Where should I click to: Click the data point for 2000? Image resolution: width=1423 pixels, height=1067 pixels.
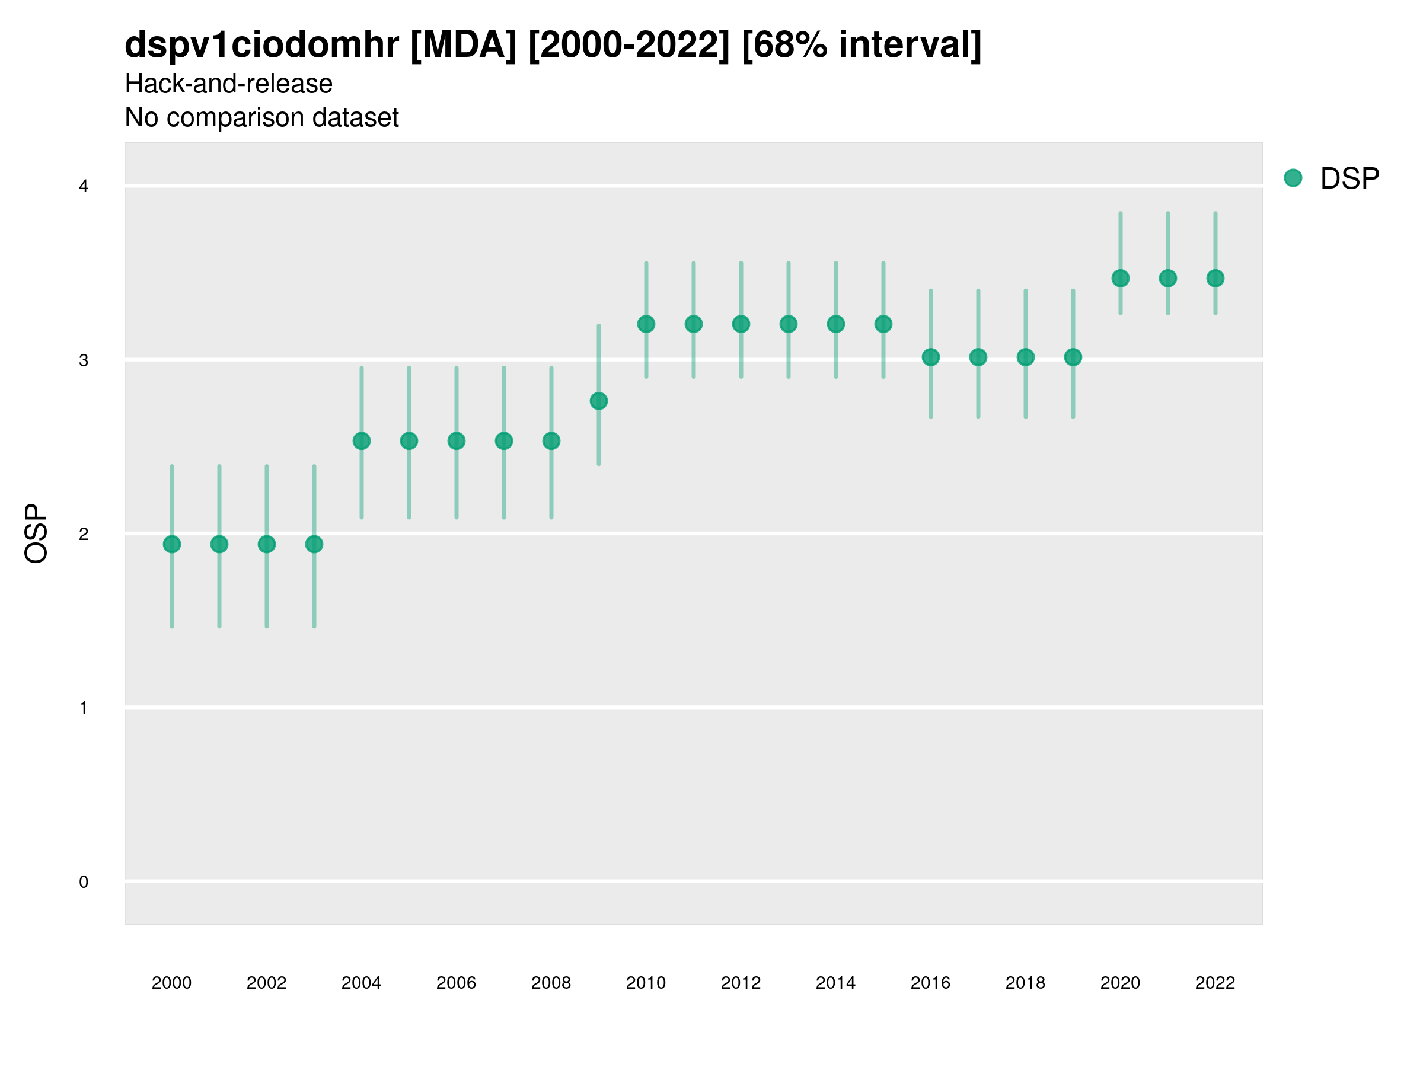pyautogui.click(x=172, y=544)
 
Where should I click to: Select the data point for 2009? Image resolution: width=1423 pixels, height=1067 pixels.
pyautogui.click(x=598, y=401)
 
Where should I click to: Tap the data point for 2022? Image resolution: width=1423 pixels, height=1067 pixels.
pyautogui.click(x=1214, y=279)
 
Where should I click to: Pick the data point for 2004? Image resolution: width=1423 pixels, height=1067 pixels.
pyautogui.click(x=362, y=441)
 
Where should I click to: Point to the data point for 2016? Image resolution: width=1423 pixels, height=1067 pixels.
pyautogui.click(x=930, y=357)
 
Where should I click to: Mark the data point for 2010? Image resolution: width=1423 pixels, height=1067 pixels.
pyautogui.click(x=646, y=324)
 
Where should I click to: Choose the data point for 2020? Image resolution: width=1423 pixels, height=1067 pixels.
pyautogui.click(x=1120, y=279)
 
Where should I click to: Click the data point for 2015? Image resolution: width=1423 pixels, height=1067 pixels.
pyautogui.click(x=883, y=324)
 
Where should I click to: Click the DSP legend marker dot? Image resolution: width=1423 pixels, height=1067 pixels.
pyautogui.click(x=1293, y=178)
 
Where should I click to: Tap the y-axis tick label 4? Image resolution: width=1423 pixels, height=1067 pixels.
pyautogui.click(x=84, y=187)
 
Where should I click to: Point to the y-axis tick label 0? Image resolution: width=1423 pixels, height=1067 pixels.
pyautogui.click(x=84, y=882)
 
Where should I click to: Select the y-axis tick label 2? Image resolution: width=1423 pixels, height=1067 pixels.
pyautogui.click(x=84, y=534)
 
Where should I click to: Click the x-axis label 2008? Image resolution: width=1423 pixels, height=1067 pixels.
pyautogui.click(x=551, y=983)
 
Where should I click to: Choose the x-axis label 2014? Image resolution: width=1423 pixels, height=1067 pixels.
pyautogui.click(x=835, y=983)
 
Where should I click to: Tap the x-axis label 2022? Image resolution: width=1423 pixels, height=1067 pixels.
pyautogui.click(x=1214, y=983)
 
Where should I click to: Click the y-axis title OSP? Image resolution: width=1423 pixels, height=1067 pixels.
pyautogui.click(x=37, y=534)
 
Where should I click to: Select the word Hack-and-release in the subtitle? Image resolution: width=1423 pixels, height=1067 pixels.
pyautogui.click(x=228, y=84)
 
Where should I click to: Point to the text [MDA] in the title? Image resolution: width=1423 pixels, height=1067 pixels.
pyautogui.click(x=462, y=45)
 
